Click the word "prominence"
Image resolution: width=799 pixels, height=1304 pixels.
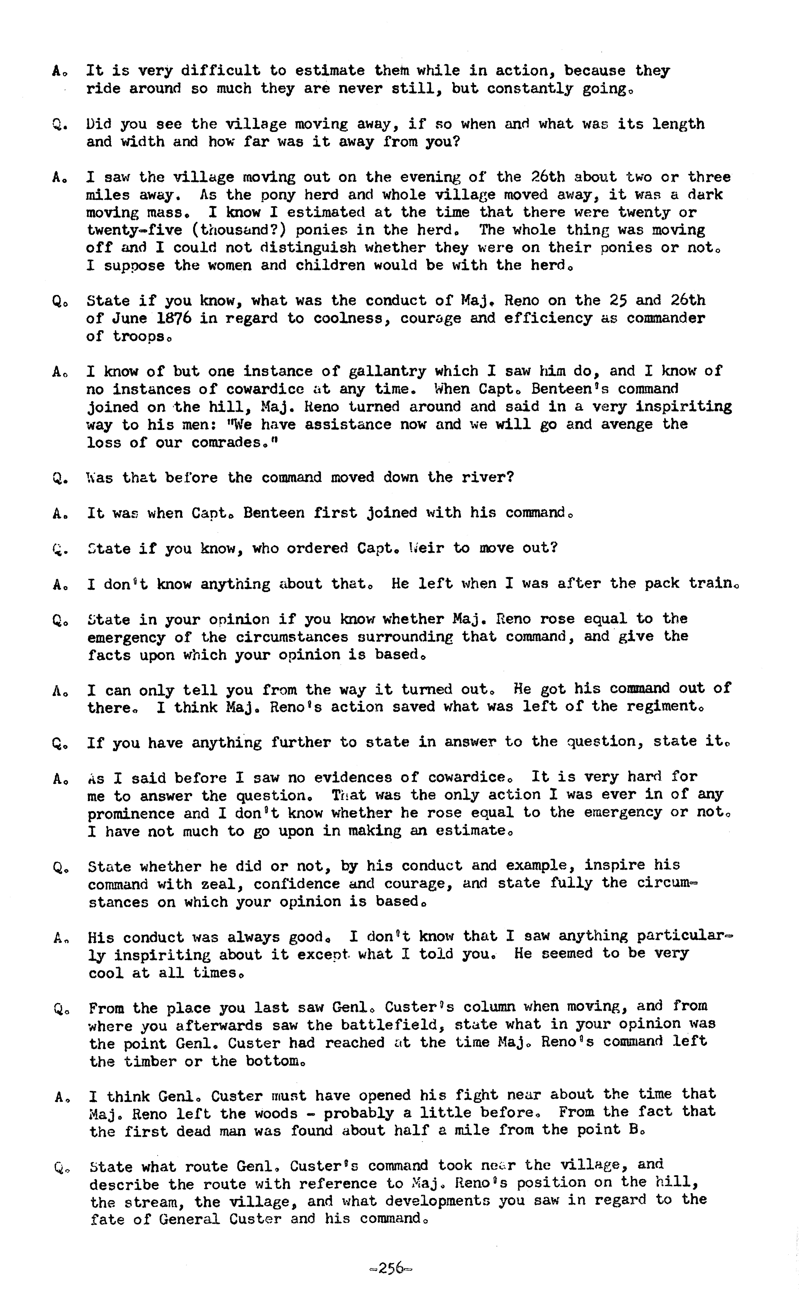point(131,813)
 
